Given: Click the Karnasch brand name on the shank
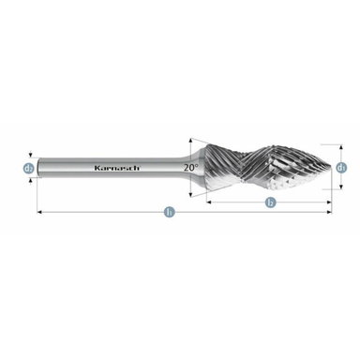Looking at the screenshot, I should point(112,169).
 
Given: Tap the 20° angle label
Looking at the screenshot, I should point(191,167).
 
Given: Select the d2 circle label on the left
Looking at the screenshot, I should point(30,169).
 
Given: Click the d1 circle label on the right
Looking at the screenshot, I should point(341,167).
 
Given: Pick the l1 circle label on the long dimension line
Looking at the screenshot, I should point(169,214).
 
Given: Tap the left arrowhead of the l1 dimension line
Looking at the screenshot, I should point(40,214).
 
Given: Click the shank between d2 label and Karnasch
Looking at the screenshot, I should point(66,169).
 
